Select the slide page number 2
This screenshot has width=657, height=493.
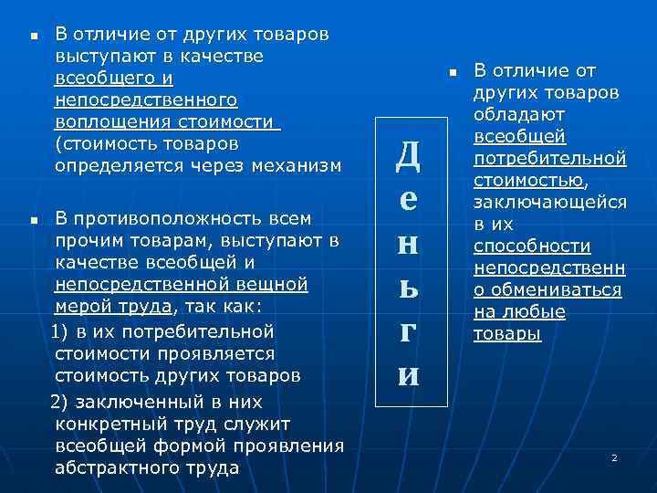614,456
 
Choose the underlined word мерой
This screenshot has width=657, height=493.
80,307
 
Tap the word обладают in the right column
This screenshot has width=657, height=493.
519,114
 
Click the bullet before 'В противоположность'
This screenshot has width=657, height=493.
32,220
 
